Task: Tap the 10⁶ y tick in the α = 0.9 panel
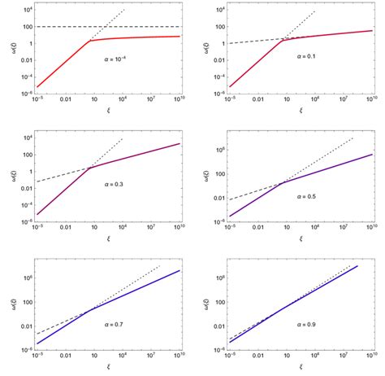pyautogui.click(x=218, y=277)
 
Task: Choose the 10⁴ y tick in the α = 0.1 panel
pyautogui.click(x=218, y=11)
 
